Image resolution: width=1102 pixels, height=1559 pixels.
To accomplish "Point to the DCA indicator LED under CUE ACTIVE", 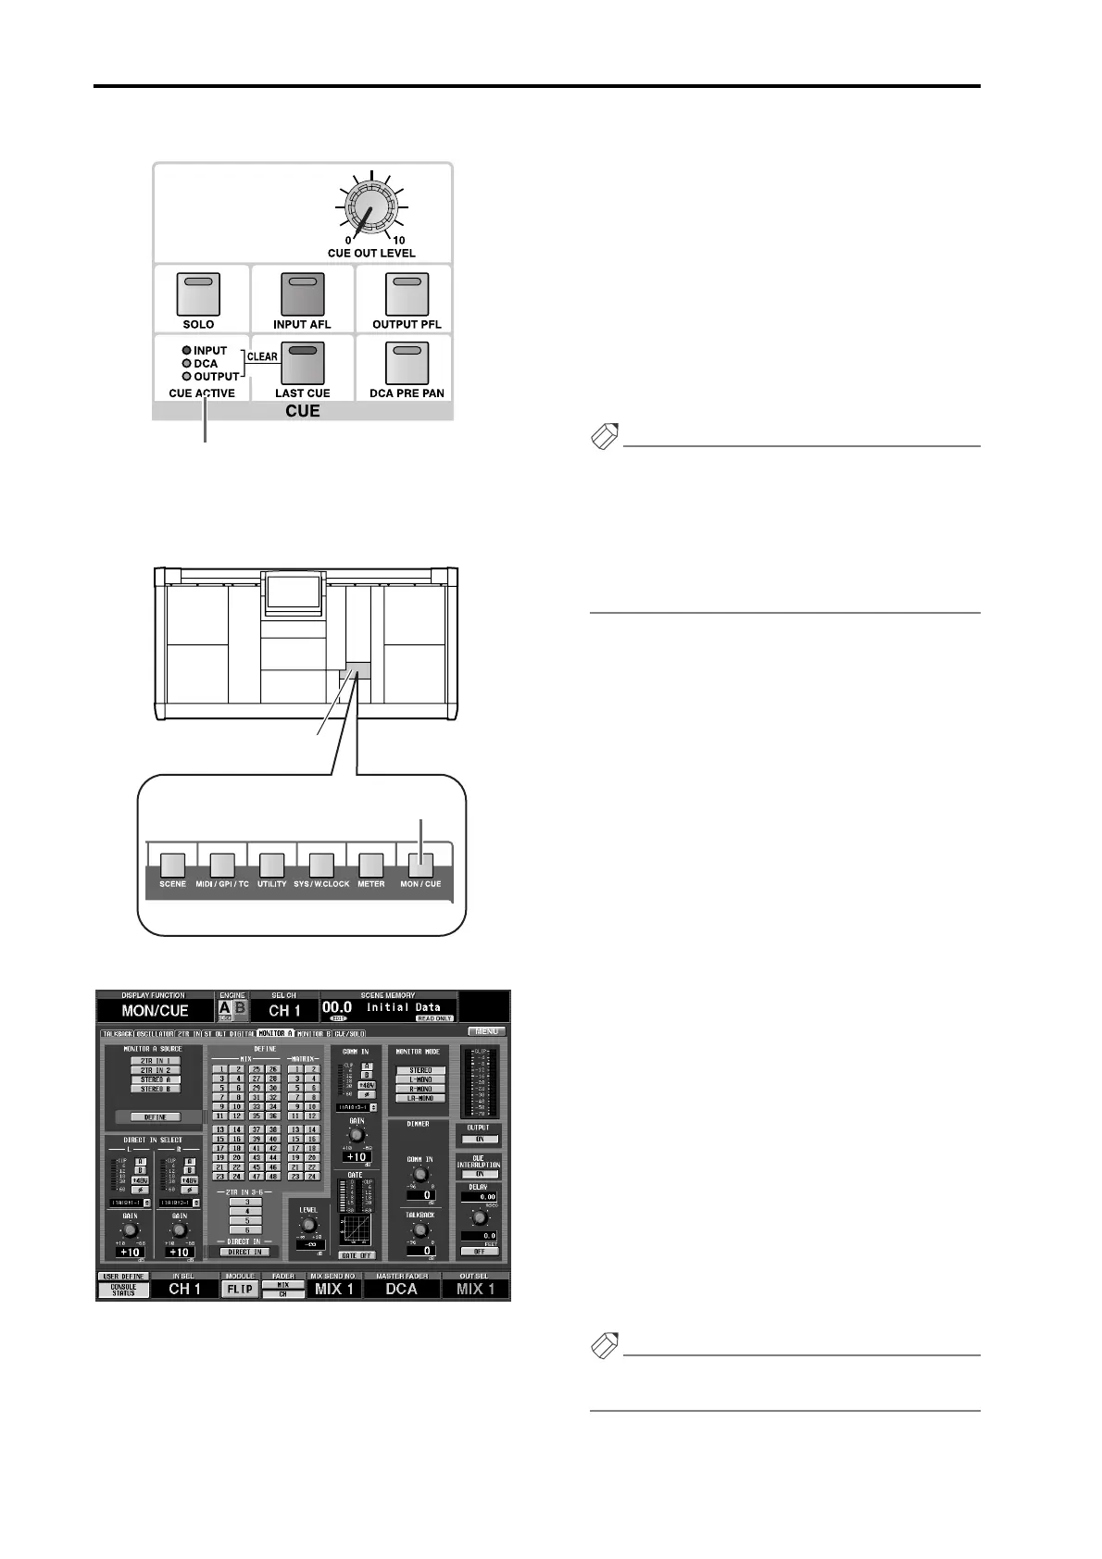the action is pos(187,364).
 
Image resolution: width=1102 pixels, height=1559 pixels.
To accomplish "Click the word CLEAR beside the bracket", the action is pos(262,356).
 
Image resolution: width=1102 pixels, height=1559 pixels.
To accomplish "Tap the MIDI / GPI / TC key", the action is pos(222,865).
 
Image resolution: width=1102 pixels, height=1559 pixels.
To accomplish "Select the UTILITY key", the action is pos(271,865).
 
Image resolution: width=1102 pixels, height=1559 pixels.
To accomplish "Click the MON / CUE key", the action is pos(420,865).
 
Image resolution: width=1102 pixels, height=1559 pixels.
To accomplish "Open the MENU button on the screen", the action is pos(486,1030).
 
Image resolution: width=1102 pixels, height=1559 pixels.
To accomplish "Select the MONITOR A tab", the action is pos(276,1033).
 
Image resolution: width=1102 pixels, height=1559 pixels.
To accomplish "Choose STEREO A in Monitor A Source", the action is pos(155,1079).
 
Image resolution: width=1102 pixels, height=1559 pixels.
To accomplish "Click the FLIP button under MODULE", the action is pos(239,1289).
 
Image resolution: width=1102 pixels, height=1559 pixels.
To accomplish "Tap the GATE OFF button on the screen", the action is pos(357,1255).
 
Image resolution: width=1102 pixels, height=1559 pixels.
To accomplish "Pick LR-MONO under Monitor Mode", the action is pos(420,1098).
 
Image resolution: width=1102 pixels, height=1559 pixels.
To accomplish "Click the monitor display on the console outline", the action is pos(293,592).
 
